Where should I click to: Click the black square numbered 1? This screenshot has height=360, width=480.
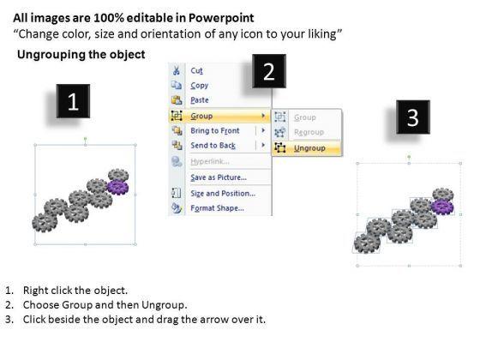(x=73, y=101)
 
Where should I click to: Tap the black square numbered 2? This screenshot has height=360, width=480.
(x=269, y=71)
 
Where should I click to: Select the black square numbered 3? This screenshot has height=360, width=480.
(x=413, y=117)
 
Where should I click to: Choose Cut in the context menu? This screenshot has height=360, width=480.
(x=196, y=70)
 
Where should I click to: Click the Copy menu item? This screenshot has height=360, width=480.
(x=199, y=86)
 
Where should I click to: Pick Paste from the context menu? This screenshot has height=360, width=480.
(x=200, y=100)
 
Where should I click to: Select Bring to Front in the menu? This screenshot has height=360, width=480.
(x=215, y=130)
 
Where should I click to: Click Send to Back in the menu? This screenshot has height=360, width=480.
(x=213, y=146)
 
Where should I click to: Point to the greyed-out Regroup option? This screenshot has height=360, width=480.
(x=309, y=132)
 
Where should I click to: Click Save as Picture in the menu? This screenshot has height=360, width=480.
(x=219, y=177)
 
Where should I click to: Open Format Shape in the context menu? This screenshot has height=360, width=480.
(x=218, y=208)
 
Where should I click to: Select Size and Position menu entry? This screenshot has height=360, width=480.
(x=223, y=194)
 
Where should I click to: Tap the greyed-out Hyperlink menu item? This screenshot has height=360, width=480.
(x=210, y=161)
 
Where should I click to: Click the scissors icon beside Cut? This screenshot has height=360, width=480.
(x=177, y=70)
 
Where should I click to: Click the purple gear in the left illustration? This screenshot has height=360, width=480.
(x=118, y=188)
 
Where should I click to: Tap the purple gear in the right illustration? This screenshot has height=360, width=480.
(x=442, y=207)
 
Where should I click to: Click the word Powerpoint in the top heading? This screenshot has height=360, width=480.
(x=221, y=18)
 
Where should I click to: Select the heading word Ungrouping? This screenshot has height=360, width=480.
(x=51, y=55)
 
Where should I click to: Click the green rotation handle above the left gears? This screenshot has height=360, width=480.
(x=86, y=139)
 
